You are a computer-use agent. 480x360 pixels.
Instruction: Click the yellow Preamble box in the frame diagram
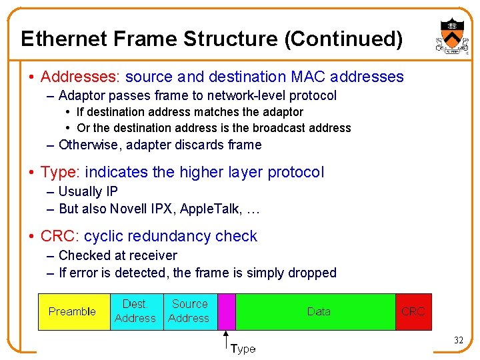coord(73,311)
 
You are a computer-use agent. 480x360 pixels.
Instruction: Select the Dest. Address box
coord(135,311)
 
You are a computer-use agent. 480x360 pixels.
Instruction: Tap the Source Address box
coord(189,311)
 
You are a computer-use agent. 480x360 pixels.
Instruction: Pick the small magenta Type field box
coord(227,311)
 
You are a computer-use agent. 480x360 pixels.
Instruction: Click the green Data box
coord(317,311)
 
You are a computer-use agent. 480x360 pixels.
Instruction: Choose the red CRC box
coord(413,311)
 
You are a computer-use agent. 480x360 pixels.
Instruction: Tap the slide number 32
coord(458,341)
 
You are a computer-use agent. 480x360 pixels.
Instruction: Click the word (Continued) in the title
coord(343,39)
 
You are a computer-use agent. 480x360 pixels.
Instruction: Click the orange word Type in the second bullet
coord(59,172)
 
